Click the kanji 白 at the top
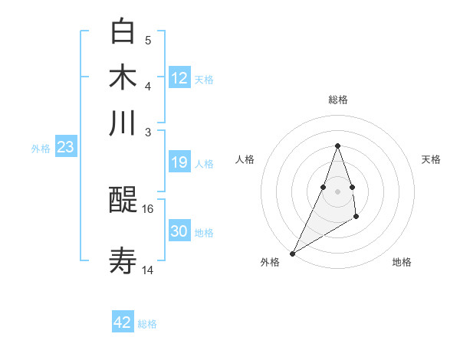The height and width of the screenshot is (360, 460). point(123,31)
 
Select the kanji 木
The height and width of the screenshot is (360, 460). point(123,77)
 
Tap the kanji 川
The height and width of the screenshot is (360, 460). point(123,123)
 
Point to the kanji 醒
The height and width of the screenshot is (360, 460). point(123,201)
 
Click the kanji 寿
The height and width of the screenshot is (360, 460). point(123,260)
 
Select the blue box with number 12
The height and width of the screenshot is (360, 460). point(179,78)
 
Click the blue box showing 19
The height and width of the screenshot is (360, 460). point(179,162)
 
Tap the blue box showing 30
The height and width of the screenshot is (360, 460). point(179,231)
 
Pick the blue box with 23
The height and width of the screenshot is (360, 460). point(65,147)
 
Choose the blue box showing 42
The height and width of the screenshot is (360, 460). point(123,322)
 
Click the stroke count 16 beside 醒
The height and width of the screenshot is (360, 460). point(148,208)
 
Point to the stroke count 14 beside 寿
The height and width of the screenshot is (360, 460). point(148,270)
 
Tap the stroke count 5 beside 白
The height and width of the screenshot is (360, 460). point(148,40)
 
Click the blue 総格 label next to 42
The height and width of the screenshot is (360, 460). point(147,324)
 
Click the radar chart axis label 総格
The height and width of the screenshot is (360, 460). point(337,100)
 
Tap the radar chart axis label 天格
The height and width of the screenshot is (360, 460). point(431,159)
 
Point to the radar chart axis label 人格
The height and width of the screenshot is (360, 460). point(245,159)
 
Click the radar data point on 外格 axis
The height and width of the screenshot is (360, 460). point(292,253)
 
